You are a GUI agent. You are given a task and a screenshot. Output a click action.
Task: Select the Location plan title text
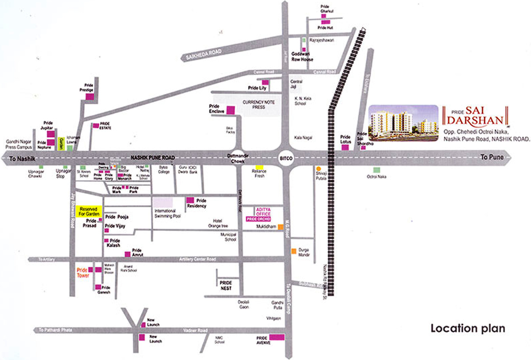coord(468,328)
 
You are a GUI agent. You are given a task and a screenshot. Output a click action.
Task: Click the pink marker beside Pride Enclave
coord(230,110)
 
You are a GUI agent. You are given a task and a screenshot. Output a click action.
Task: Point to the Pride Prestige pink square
coord(89,96)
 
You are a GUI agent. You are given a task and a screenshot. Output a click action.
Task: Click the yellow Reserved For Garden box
coord(89,211)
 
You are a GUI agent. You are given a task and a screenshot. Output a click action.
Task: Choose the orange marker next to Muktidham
coord(281,227)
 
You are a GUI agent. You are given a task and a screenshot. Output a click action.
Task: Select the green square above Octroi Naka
coord(376,170)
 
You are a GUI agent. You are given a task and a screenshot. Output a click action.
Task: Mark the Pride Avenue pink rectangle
coord(277,337)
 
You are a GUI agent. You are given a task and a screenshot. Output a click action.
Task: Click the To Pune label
coord(490,157)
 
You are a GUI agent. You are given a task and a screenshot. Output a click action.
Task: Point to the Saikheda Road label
coord(203,54)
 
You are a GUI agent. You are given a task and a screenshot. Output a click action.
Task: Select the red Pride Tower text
coord(83,273)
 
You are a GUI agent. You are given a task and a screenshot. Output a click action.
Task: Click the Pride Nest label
coord(225,285)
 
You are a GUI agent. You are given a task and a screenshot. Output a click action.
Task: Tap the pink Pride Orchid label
coord(259,219)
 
